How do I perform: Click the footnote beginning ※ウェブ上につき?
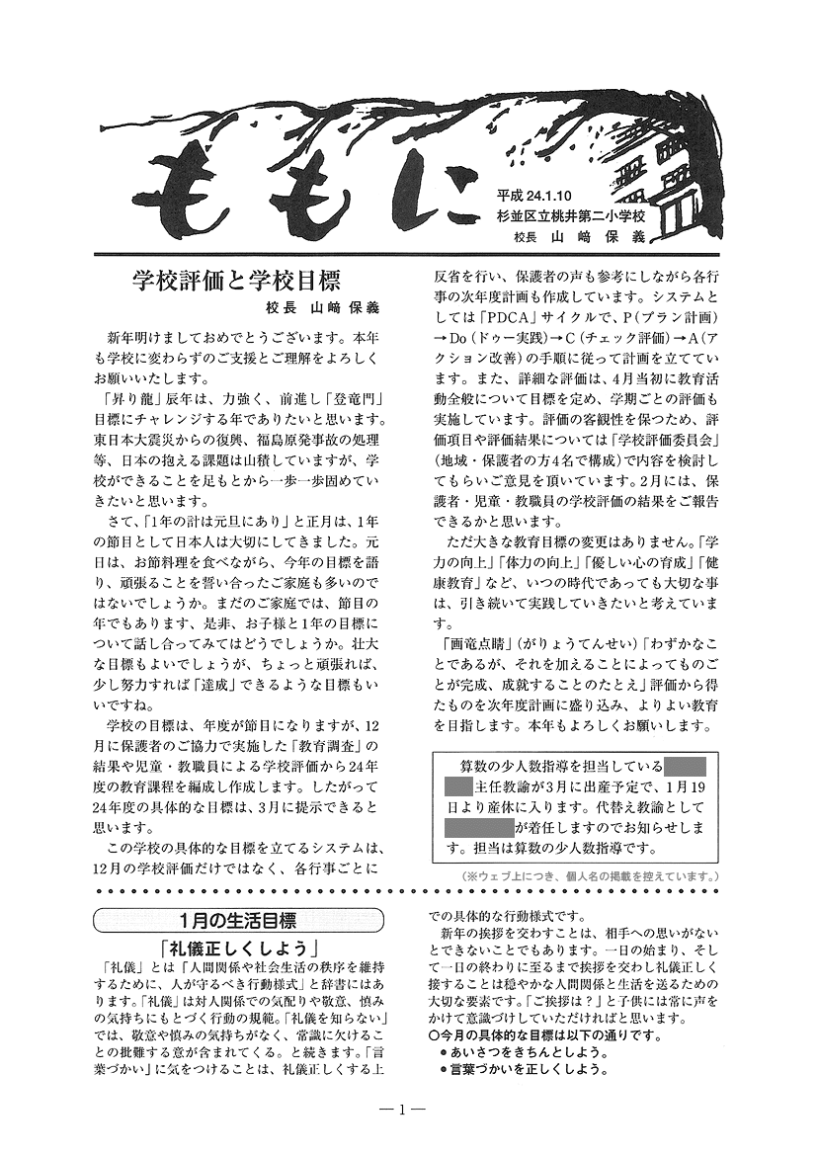click(589, 876)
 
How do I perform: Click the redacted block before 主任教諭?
click(458, 787)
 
